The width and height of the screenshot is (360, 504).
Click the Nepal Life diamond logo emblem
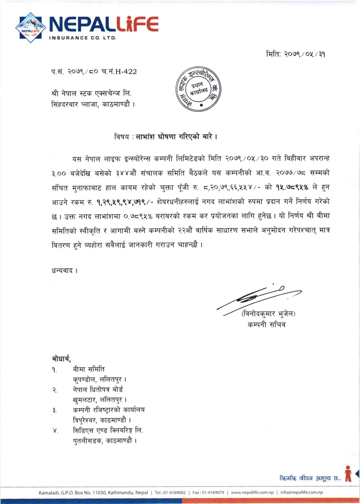pos(30,26)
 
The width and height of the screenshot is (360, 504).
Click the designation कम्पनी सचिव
pos(267,325)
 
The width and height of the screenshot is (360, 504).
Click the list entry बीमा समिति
pos(89,368)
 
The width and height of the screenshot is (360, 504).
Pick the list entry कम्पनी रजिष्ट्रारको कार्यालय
pos(109,410)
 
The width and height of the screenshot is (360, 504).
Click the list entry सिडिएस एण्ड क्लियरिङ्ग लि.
pos(108,430)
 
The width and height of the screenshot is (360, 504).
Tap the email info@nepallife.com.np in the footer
pos(302,492)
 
